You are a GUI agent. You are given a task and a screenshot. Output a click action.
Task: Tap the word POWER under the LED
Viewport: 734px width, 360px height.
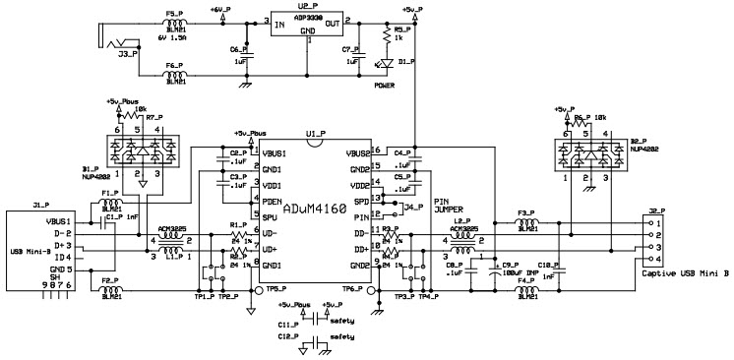pyautogui.click(x=386, y=86)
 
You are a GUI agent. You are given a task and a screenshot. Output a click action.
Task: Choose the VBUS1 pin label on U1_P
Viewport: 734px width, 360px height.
pyautogui.click(x=273, y=153)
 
